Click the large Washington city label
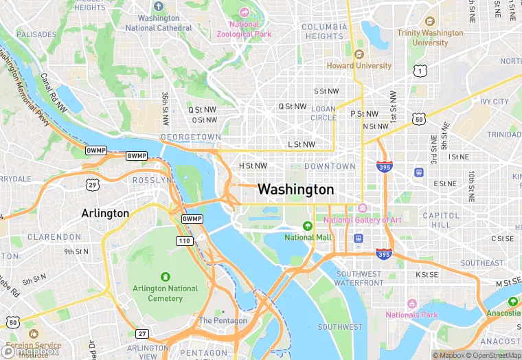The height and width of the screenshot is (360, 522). (295, 189)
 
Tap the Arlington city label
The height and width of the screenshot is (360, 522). (105, 213)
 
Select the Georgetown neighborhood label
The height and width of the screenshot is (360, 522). (190, 137)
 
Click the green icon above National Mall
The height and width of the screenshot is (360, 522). (308, 225)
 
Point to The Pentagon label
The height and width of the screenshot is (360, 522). (223, 321)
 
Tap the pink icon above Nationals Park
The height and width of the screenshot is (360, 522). (411, 304)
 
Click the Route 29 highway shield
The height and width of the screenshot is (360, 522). (92, 184)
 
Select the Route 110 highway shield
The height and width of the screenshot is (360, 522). (184, 240)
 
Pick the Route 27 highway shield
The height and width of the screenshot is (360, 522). (142, 334)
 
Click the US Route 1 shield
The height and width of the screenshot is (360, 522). (420, 71)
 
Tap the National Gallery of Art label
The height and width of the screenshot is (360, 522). (363, 220)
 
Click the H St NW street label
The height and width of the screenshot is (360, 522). (253, 166)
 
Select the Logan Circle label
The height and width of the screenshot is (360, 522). (324, 113)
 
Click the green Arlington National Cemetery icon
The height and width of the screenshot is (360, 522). (165, 277)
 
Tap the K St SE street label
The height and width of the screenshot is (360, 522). (427, 275)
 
